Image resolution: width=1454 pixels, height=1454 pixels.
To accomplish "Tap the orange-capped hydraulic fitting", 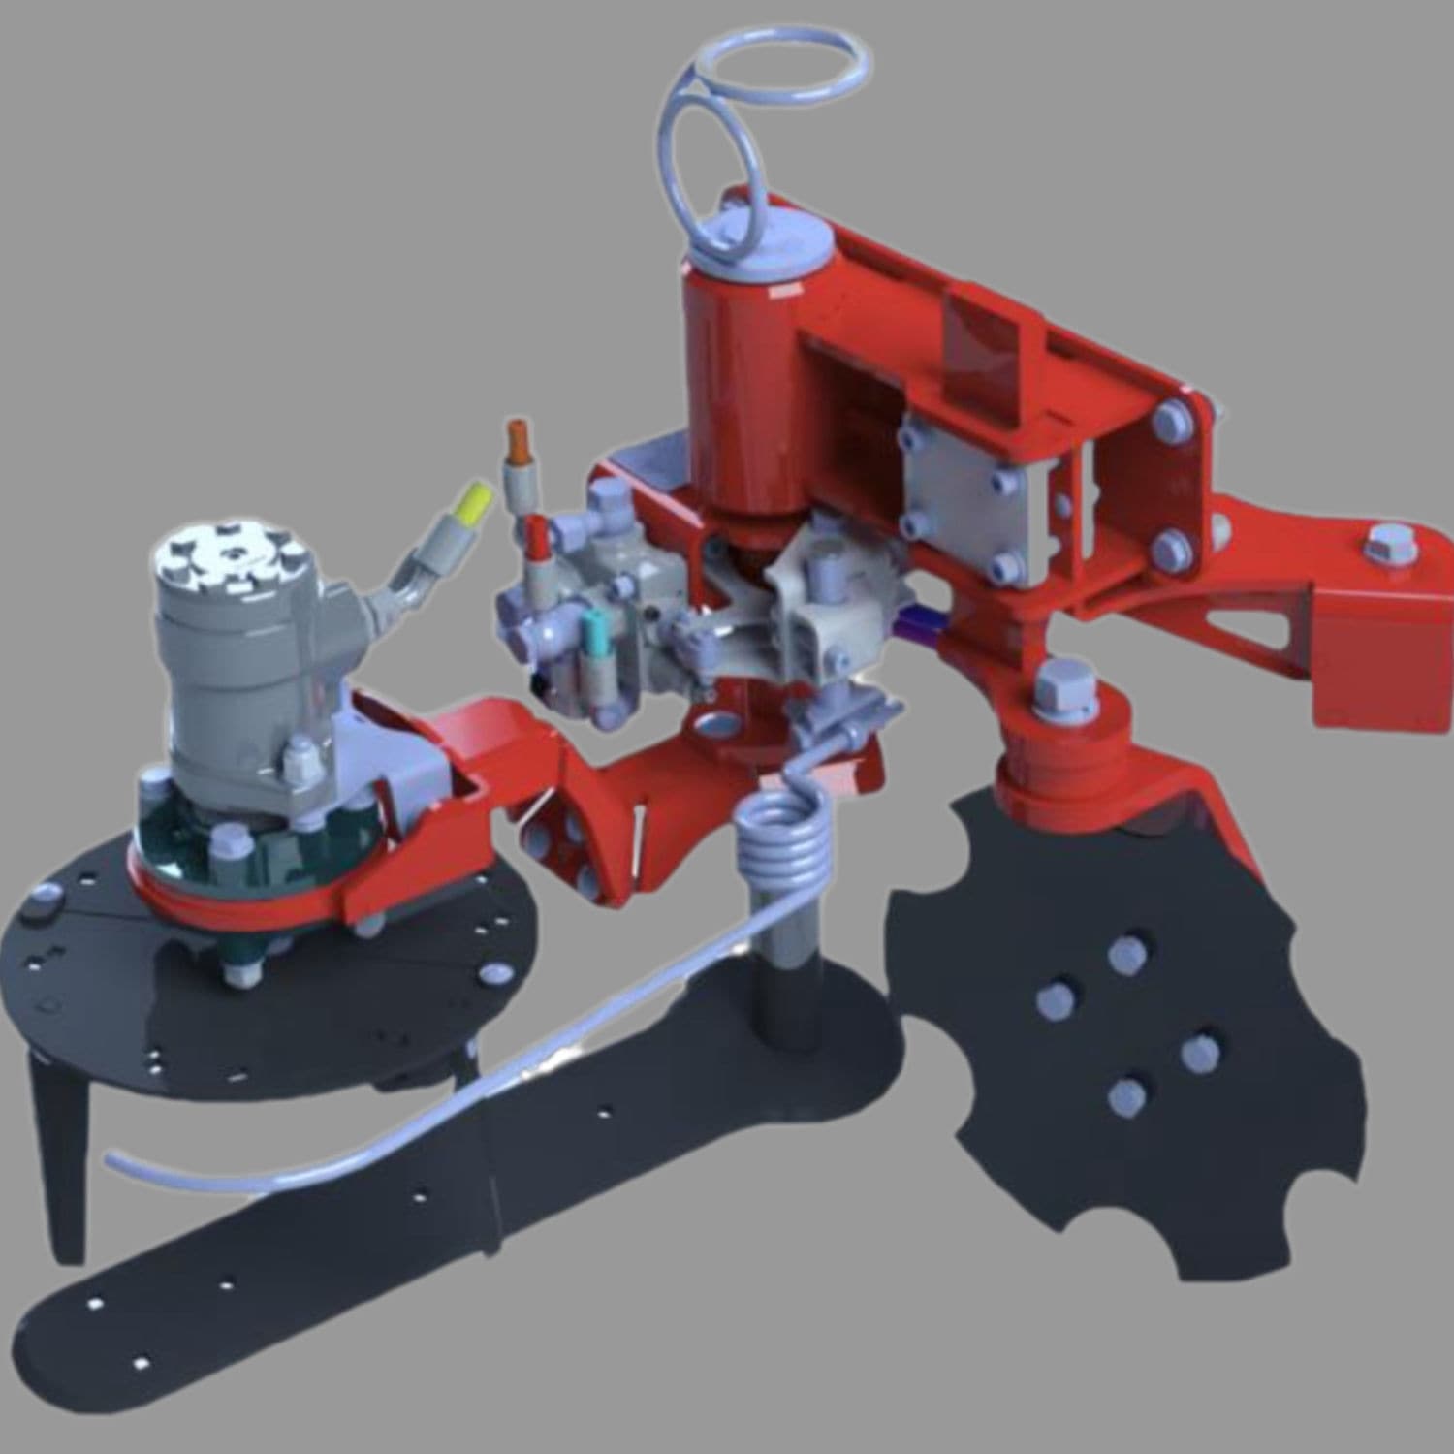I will [x=521, y=441].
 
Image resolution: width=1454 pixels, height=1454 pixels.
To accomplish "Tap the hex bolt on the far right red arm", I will [x=1390, y=546].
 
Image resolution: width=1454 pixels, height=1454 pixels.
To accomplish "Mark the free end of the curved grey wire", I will [x=112, y=1157].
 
